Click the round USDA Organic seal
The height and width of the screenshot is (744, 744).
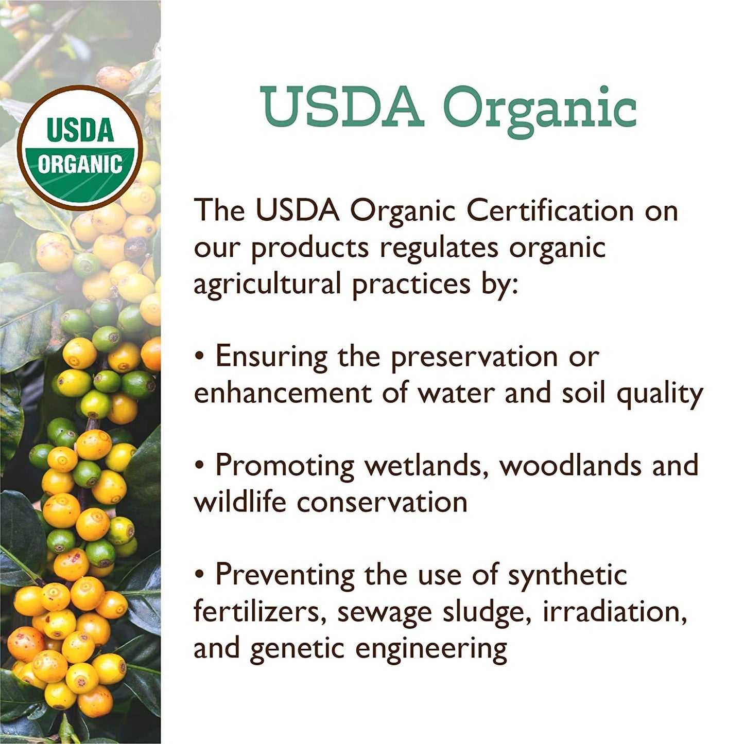[80, 148]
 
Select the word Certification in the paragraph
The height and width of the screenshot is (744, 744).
[550, 210]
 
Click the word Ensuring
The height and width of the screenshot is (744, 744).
[271, 357]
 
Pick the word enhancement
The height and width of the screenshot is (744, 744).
[283, 393]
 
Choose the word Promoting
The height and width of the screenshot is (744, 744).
[285, 466]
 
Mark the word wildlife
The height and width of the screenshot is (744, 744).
[239, 502]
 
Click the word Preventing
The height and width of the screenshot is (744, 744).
[285, 575]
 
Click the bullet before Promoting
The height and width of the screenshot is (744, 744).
[200, 466]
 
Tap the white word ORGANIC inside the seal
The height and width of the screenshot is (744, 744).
[80, 164]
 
